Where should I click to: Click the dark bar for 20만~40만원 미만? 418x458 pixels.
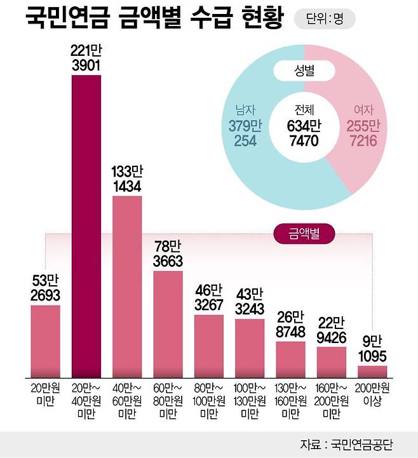86,226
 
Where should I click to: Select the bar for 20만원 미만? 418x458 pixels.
46,341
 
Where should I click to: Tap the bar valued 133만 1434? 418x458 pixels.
127,286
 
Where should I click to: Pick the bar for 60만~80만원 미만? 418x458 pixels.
168,324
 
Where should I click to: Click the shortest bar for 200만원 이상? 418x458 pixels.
372,371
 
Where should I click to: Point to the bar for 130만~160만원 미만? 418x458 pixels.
290,359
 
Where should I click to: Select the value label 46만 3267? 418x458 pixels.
209,299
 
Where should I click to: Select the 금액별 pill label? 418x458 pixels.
305,233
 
